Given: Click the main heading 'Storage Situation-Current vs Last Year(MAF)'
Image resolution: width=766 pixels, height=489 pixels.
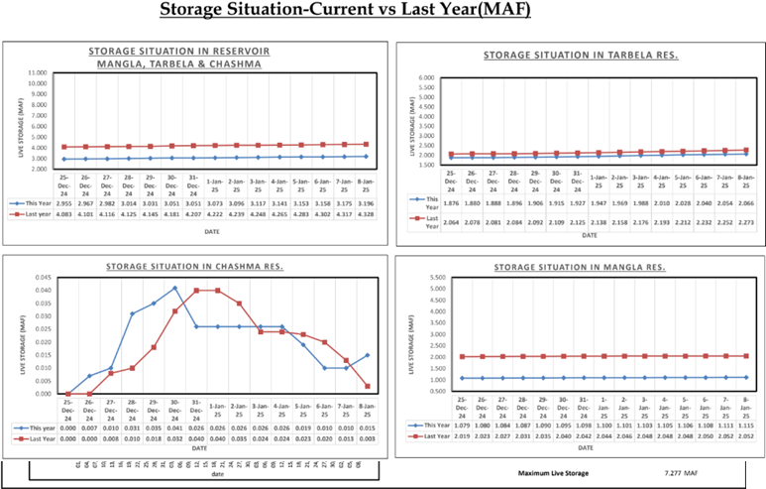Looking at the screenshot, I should [x=383, y=12].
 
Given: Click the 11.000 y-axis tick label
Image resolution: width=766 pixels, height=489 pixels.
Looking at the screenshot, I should [x=36, y=72].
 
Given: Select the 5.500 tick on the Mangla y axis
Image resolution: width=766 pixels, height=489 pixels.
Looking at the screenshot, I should [x=434, y=277].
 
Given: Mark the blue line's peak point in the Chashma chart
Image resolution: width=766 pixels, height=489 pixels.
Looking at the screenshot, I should [x=175, y=289].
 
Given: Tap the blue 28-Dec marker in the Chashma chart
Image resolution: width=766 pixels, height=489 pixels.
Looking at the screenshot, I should [x=132, y=314].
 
